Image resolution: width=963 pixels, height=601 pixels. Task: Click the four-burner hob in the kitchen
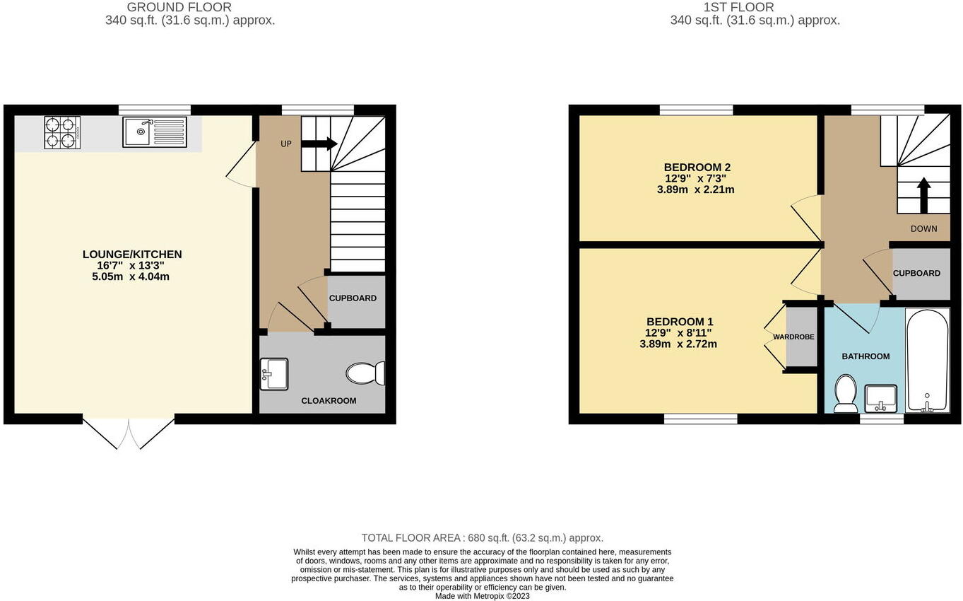pos(62,132)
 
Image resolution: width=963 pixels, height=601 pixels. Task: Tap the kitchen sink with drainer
pos(155,132)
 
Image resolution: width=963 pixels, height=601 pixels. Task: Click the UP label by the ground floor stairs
pos(285,144)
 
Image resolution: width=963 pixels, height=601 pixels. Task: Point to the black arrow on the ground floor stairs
pos(319,144)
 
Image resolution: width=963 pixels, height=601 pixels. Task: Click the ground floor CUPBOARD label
pos(353,298)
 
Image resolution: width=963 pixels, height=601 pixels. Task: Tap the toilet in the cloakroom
pos(367,373)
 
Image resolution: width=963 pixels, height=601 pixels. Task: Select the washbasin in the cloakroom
pos(274,374)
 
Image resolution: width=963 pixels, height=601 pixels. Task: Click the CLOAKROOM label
pos(329,401)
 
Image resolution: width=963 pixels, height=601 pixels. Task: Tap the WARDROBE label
pos(793,337)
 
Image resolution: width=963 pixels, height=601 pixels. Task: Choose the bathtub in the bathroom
pos(927,360)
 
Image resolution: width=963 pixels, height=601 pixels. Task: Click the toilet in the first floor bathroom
pos(845,393)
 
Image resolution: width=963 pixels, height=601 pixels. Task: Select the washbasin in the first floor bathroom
pos(880,398)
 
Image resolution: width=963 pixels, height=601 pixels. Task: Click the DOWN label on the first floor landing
pos(923,229)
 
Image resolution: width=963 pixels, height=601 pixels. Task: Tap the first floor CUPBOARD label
pos(916,274)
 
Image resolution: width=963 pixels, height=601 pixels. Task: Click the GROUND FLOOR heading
pos(179,7)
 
